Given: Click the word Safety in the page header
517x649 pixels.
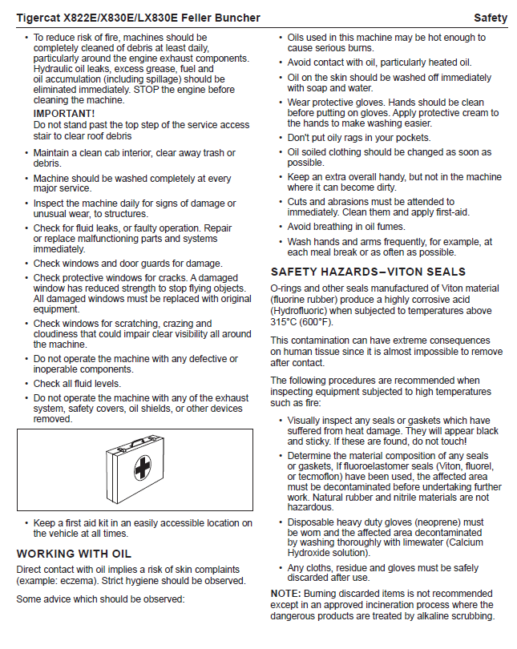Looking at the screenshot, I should pos(490,18).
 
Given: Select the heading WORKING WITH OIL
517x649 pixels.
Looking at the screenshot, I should pos(74,554).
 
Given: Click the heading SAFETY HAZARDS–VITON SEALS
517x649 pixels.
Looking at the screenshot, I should pos(368,272).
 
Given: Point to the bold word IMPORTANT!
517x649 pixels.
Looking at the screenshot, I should pos(64,114).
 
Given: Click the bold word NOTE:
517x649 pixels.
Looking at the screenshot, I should pos(285,594).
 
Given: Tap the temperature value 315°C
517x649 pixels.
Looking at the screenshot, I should pos(286,322).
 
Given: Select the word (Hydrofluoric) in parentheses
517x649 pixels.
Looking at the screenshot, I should pos(302,311).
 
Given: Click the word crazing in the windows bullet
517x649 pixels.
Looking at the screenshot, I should pos(178,324).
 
